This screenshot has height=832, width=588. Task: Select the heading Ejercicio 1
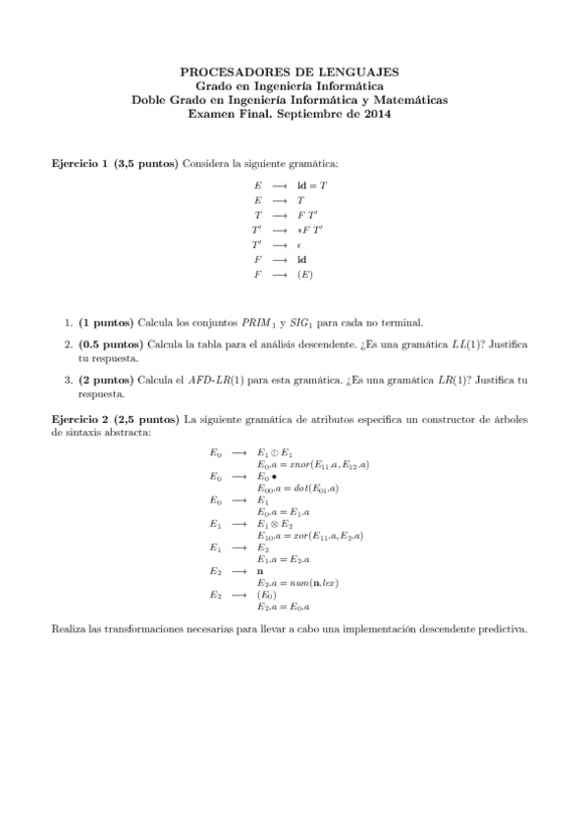[x=80, y=162]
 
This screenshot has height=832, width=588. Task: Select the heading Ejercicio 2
[x=80, y=419]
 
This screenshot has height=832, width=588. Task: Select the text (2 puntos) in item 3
[x=106, y=379]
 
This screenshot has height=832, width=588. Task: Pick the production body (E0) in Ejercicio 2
[x=267, y=596]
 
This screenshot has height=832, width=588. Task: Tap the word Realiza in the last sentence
[x=69, y=628]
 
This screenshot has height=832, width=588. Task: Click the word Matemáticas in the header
[x=409, y=99]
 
